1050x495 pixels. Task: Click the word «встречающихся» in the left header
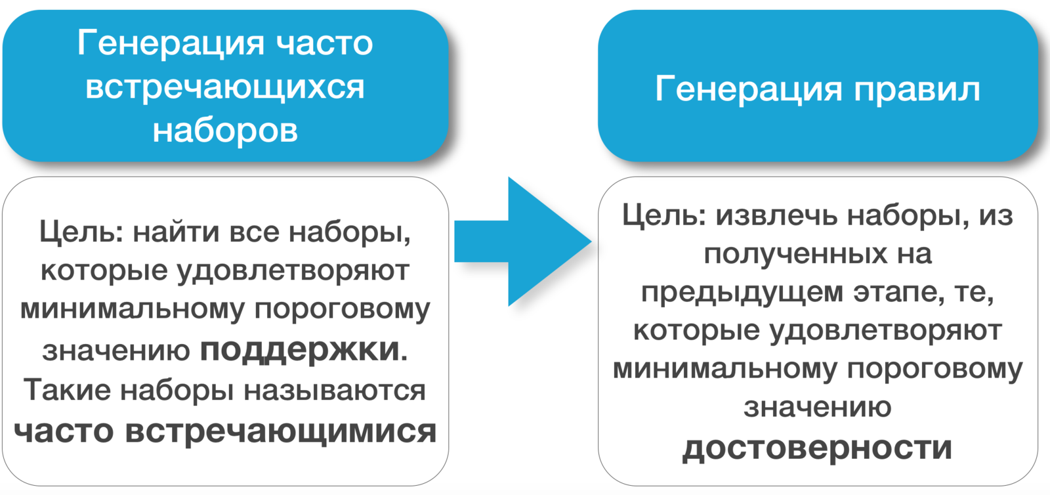click(x=225, y=87)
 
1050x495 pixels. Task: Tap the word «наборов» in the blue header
click(x=225, y=130)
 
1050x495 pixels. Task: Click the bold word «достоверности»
click(x=817, y=448)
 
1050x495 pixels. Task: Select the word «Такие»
click(x=68, y=390)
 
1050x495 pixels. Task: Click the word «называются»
click(x=335, y=390)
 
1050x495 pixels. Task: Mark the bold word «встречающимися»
click(x=280, y=431)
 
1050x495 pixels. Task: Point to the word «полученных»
click(x=795, y=254)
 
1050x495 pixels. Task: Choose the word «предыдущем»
click(x=742, y=292)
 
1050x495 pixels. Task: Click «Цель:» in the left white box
click(x=81, y=232)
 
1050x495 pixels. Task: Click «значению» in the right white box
click(x=817, y=408)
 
